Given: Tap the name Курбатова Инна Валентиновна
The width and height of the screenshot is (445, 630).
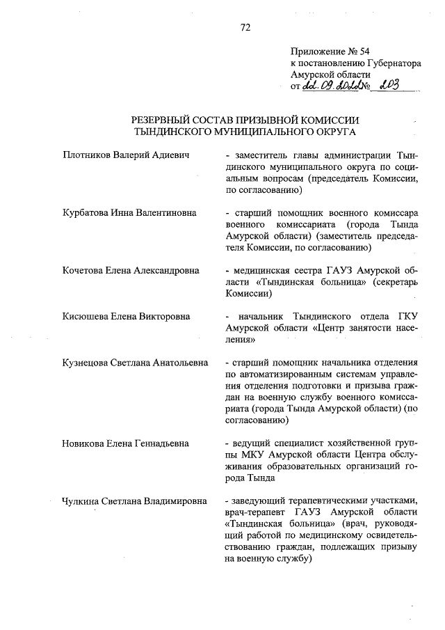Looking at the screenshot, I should coord(129,212).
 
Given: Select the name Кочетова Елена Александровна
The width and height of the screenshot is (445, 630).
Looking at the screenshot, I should coord(131,271).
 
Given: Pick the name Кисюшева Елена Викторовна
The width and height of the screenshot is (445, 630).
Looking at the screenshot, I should coord(126,317).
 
